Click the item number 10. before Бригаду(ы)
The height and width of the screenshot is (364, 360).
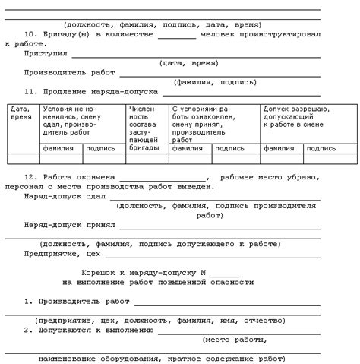(31, 34)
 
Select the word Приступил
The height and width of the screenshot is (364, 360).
(46, 54)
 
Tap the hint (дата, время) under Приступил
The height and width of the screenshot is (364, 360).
(187, 63)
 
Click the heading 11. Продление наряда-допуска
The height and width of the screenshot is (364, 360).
(90, 91)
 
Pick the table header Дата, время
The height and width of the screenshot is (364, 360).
(21, 113)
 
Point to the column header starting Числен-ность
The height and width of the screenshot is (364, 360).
(144, 125)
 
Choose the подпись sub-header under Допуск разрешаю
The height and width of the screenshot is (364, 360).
(320, 149)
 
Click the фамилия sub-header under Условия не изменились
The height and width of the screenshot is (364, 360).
(58, 149)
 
